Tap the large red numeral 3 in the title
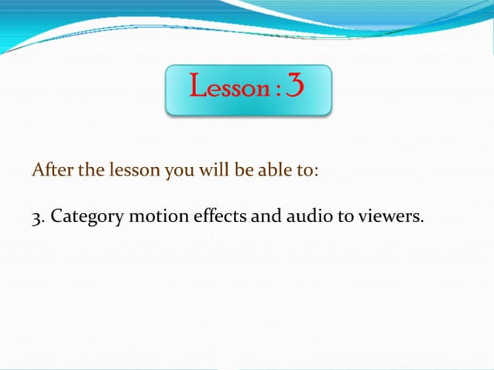coord(295,85)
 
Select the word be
coord(235,170)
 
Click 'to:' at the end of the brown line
coord(304,170)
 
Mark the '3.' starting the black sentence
coord(38,217)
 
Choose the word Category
coord(82,218)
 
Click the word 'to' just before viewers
coord(327,217)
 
